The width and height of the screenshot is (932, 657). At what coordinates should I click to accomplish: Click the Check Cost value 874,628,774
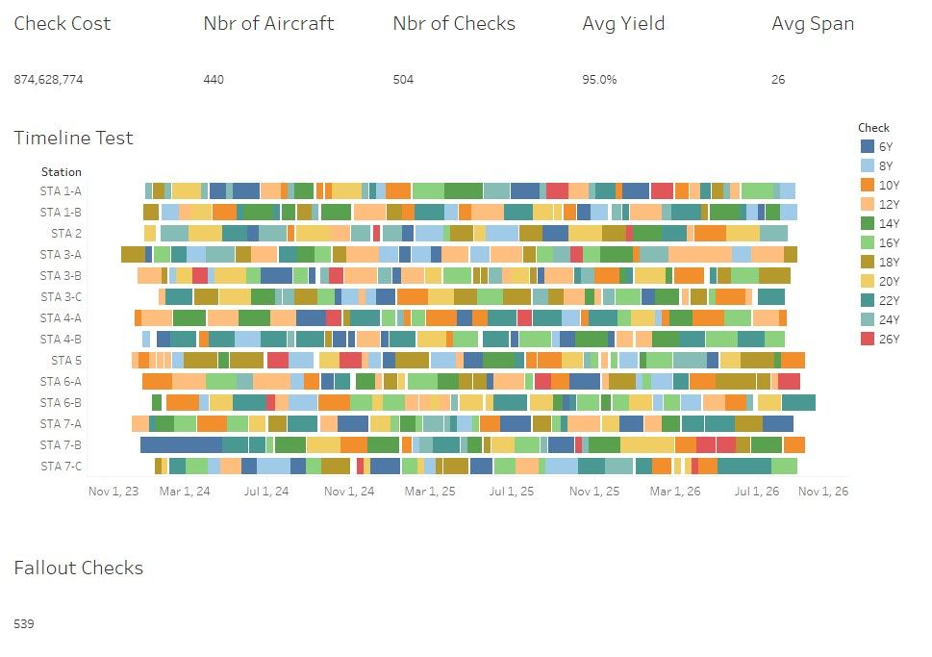48,80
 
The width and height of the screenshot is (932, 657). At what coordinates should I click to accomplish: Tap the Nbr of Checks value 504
403,80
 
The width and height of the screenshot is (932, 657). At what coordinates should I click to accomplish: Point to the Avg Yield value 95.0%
599,80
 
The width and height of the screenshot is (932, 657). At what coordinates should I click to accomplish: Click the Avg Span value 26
778,80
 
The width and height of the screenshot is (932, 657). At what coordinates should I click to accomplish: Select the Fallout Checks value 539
24,624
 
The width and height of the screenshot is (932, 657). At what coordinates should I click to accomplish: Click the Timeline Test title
73,138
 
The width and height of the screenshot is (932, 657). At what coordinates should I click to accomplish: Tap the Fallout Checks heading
78,568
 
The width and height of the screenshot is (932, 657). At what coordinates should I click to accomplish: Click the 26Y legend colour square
867,339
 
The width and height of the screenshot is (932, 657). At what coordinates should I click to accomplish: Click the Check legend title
873,127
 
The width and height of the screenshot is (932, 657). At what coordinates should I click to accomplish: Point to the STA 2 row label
66,233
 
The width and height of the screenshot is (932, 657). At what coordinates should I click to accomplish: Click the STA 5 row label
66,360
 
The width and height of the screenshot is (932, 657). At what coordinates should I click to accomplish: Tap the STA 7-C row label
61,466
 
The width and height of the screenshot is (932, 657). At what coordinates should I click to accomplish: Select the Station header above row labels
62,172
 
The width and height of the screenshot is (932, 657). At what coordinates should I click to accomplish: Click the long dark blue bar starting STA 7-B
181,444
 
